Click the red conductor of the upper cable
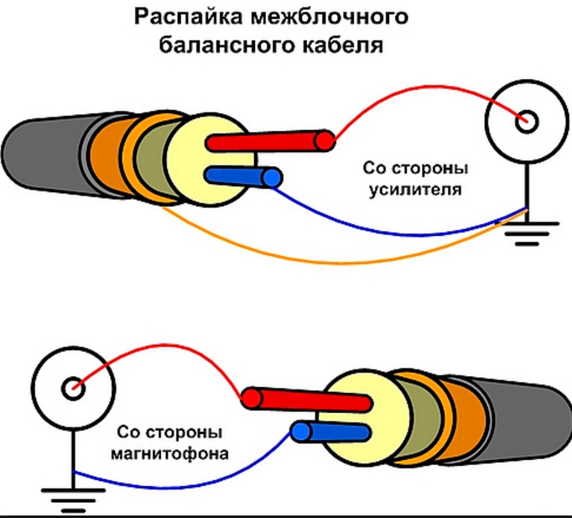tap(268, 140)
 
